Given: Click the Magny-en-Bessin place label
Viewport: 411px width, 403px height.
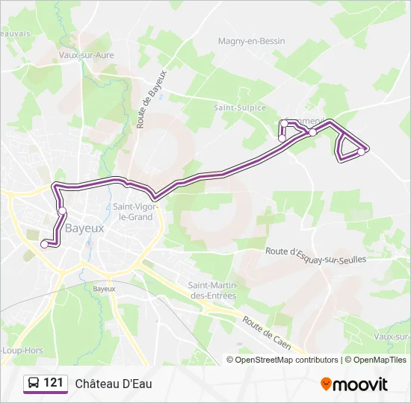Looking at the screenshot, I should click(251, 41).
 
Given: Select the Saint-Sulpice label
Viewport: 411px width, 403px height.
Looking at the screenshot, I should click(240, 108).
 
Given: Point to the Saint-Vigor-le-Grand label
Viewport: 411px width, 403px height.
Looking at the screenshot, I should click(133, 212).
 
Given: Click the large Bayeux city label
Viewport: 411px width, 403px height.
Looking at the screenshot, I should click(84, 228).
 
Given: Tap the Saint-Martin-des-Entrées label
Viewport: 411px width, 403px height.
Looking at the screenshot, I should click(212, 290).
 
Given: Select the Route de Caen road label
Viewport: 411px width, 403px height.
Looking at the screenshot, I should click(267, 332).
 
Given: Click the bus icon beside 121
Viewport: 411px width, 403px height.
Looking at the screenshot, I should click(34, 384).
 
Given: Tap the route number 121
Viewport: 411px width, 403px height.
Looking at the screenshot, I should click(53, 384).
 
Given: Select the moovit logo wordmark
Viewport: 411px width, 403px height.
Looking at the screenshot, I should click(360, 384).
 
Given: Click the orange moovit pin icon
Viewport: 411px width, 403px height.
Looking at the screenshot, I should click(326, 384).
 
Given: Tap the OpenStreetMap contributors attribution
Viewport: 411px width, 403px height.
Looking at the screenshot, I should click(286, 360).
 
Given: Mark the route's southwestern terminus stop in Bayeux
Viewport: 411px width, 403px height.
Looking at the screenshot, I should click(44, 243).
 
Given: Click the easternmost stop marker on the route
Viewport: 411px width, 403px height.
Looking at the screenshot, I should click(361, 151).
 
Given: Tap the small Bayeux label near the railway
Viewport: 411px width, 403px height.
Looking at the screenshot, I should click(104, 288).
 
